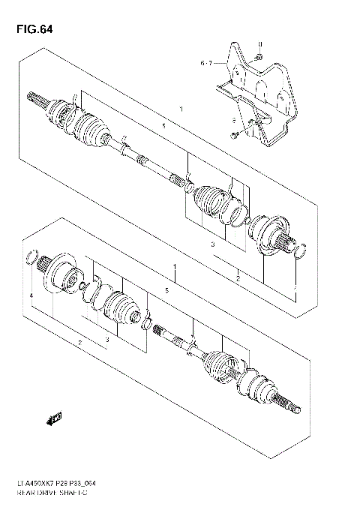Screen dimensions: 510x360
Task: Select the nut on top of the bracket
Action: tap(257, 57)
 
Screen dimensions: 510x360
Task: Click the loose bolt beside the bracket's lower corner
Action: tap(235, 135)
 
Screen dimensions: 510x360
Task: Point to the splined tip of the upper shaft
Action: tap(35, 99)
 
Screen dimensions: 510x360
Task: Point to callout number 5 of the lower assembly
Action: tap(166, 289)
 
